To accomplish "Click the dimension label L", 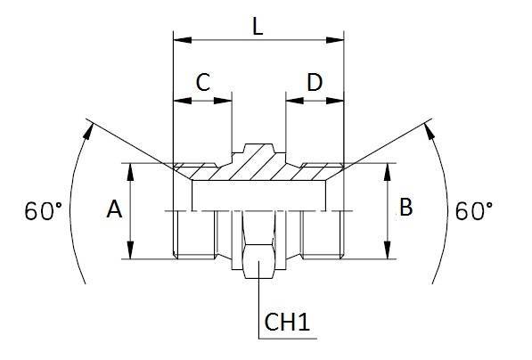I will tap(258, 27).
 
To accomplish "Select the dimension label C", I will tap(202, 82).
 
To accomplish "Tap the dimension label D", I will tap(315, 82).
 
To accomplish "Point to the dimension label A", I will tap(113, 210).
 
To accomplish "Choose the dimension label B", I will tap(405, 209).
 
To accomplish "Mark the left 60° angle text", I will tap(44, 212).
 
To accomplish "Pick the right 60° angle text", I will tap(474, 212).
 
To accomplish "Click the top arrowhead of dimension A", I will tap(131, 169).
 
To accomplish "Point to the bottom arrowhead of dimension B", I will tap(388, 252).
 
